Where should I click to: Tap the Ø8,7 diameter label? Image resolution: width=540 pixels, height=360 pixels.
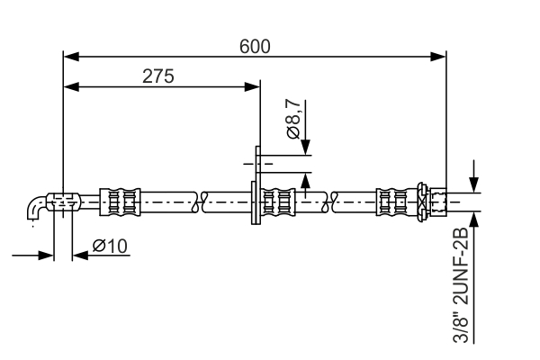coord(294,119)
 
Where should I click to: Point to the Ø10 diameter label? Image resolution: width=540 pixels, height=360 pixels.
coord(111,245)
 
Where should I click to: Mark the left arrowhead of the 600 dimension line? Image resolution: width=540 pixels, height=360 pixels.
coord(69,57)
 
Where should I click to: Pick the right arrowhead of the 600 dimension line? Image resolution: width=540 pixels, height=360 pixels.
coord(440,57)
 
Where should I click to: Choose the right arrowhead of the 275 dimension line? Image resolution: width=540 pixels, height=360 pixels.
coord(254,87)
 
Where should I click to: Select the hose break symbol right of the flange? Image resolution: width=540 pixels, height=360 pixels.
coord(335,202)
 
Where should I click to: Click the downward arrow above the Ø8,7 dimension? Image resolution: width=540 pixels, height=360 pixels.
coord(306,148)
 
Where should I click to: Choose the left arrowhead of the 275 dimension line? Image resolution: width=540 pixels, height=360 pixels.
coord(69,87)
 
